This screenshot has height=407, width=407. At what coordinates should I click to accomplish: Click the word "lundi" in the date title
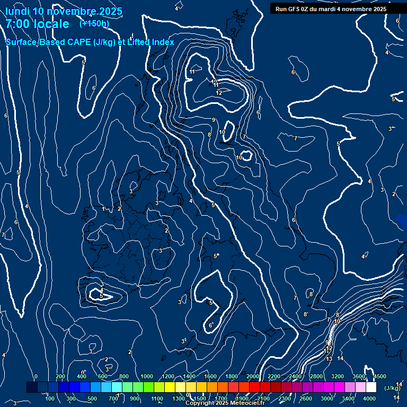click(x=17, y=11)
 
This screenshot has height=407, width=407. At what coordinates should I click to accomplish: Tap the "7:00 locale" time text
click(x=37, y=24)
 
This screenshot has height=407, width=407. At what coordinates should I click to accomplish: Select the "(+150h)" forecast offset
click(x=94, y=23)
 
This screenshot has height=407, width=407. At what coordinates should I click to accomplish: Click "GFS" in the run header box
click(x=296, y=9)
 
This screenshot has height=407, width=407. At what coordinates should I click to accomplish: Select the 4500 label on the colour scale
click(x=379, y=376)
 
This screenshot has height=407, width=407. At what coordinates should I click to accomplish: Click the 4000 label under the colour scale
click(x=370, y=399)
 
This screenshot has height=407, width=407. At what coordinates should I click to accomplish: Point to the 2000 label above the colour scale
click(x=253, y=376)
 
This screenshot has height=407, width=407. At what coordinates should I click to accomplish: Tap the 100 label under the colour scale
click(x=51, y=399)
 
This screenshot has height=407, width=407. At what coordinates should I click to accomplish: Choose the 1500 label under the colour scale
click(x=200, y=399)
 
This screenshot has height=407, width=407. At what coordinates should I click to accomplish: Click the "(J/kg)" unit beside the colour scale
click(x=392, y=388)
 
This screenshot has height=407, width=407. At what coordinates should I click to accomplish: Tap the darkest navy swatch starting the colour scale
click(x=32, y=387)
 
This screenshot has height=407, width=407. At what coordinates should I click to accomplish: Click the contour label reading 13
click(x=329, y=359)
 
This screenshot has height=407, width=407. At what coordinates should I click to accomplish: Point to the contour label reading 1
click(x=103, y=209)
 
